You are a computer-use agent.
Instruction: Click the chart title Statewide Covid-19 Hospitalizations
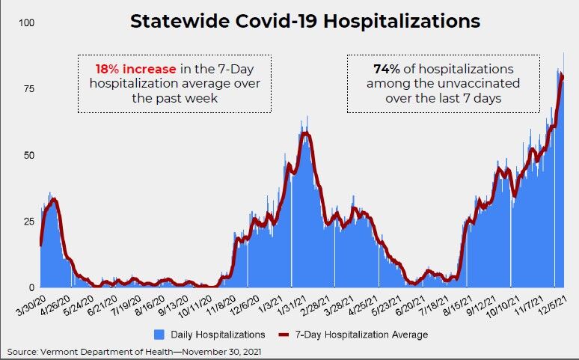click(305, 21)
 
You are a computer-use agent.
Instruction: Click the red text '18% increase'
click(131, 68)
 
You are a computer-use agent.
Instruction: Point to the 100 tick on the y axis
click(26, 23)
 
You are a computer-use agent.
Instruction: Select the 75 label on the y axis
click(28, 89)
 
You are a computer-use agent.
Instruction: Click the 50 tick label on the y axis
click(28, 156)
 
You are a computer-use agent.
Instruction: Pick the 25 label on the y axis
click(28, 222)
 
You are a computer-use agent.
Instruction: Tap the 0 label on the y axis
click(31, 287)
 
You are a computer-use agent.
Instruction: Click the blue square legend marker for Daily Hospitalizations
click(158, 334)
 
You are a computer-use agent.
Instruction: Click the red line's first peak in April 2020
click(53, 200)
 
